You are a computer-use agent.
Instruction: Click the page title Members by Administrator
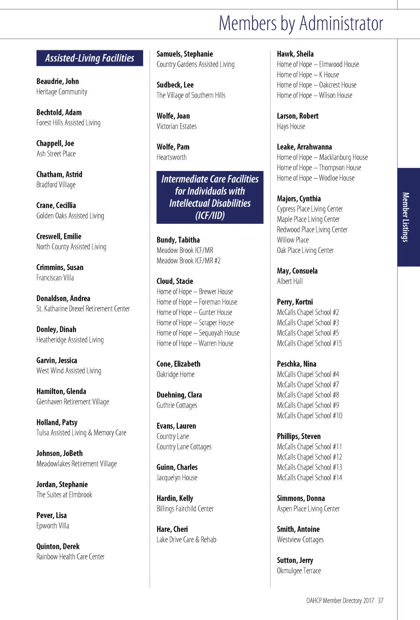click(x=301, y=23)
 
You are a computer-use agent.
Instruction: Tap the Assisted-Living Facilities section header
click(x=90, y=58)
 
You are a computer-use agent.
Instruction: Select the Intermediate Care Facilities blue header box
click(x=210, y=197)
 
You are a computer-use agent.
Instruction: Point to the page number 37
click(x=380, y=600)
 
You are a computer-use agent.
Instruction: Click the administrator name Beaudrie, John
click(x=58, y=81)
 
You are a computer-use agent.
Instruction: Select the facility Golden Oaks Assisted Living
click(x=70, y=216)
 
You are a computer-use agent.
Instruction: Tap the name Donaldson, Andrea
click(x=63, y=298)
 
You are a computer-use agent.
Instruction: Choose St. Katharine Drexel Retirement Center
click(x=83, y=309)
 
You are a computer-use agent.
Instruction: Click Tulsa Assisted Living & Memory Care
click(x=81, y=433)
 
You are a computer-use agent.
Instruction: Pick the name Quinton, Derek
click(x=58, y=546)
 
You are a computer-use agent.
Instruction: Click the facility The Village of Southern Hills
click(x=191, y=95)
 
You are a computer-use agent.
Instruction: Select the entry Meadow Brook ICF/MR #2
click(x=188, y=261)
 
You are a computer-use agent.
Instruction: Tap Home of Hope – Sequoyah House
click(x=198, y=333)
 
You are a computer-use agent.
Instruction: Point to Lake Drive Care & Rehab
click(x=186, y=540)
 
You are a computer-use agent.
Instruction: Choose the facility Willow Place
click(x=293, y=240)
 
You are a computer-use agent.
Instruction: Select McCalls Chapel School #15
click(x=309, y=343)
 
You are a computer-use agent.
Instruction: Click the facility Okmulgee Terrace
click(x=299, y=571)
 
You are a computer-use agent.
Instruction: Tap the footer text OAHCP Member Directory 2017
click(x=340, y=600)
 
